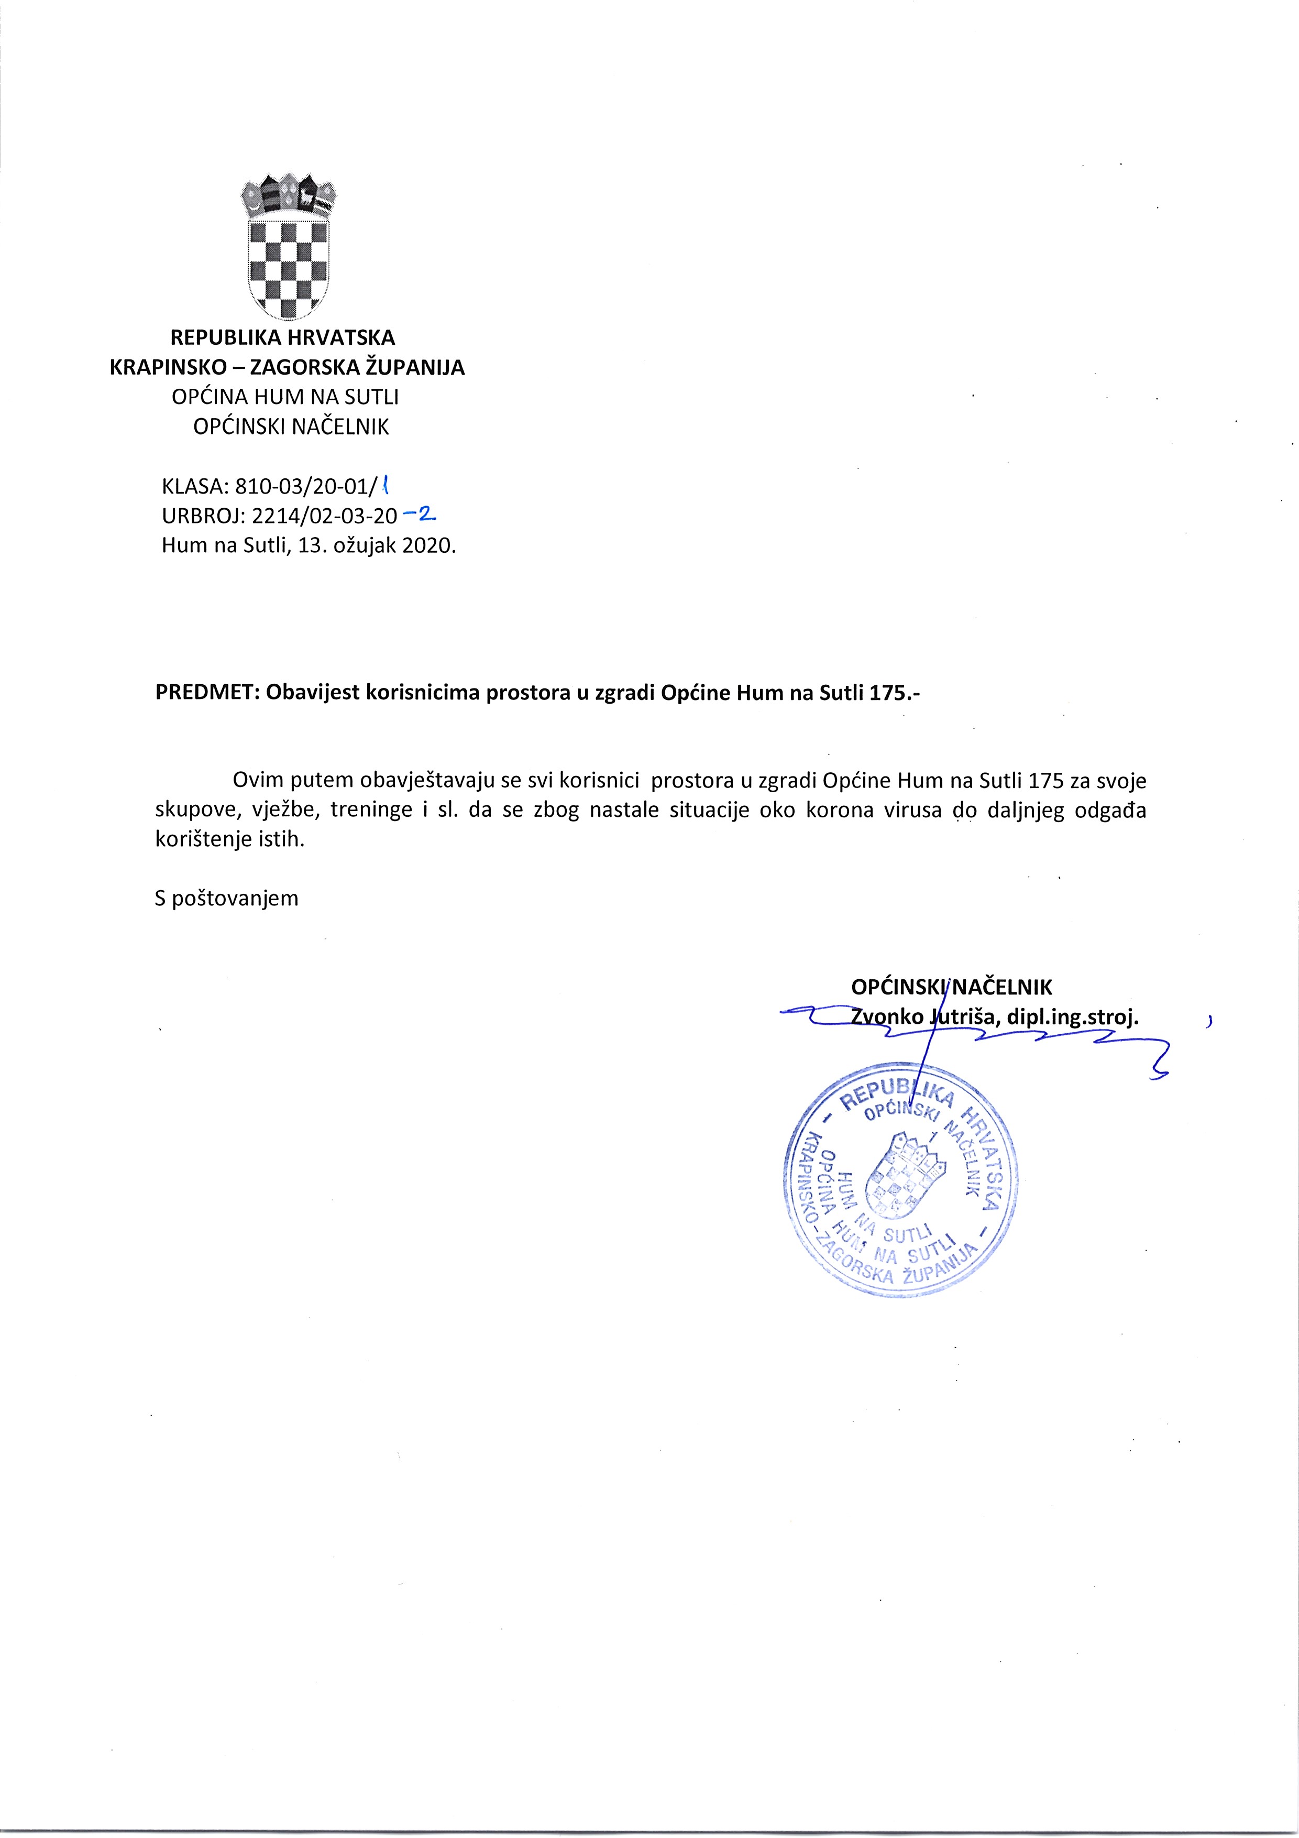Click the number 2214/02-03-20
(x=324, y=516)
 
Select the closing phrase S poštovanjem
(x=226, y=898)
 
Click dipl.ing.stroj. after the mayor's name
(x=1073, y=1018)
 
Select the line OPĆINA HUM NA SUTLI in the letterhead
(x=285, y=397)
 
